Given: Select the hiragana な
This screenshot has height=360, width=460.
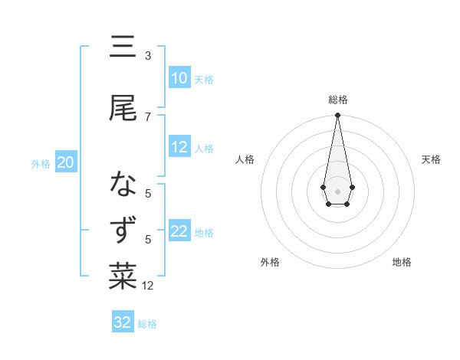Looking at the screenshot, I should (x=123, y=185).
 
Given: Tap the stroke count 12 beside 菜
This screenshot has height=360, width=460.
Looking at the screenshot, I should (x=148, y=286).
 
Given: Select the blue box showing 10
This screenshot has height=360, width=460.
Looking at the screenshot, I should (x=179, y=78).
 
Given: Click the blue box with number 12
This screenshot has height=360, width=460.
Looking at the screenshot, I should (x=179, y=148).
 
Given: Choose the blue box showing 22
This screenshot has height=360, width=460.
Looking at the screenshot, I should (x=179, y=232).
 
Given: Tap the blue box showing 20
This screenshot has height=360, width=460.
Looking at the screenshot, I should (x=66, y=162).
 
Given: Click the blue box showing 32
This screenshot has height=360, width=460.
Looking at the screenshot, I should (x=123, y=322).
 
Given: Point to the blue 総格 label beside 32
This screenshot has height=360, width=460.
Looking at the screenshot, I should (x=147, y=324).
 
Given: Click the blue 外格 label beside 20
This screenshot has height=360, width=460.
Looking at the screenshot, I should (x=41, y=163).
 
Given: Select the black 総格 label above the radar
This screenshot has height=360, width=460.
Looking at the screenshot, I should (x=337, y=100).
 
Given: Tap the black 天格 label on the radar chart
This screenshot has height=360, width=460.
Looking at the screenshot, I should (x=431, y=159).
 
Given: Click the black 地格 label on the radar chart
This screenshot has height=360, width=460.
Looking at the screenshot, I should (x=402, y=262).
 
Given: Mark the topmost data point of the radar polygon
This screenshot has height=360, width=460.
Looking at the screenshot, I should (x=337, y=115).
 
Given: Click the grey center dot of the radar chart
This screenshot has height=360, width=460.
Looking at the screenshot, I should (x=337, y=190).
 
